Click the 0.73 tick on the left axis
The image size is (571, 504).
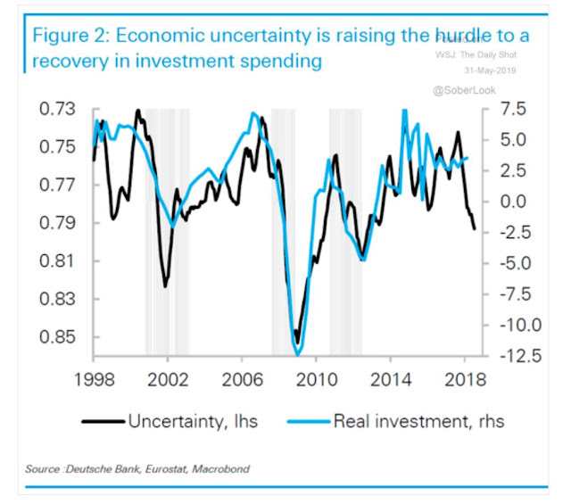point(58,110)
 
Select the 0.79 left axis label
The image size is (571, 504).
point(58,223)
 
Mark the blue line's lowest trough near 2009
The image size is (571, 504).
point(297,355)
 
